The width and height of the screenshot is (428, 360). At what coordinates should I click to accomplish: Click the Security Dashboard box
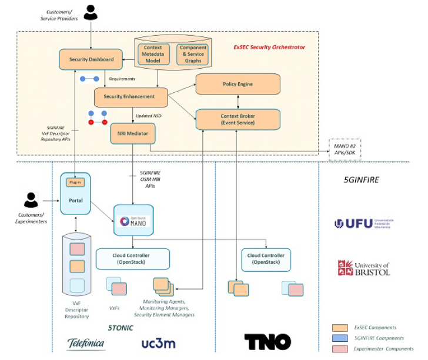pos(91,59)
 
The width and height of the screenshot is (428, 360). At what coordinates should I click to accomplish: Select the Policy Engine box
pos(238,84)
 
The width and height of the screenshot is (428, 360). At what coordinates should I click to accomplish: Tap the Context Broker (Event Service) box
pos(238,119)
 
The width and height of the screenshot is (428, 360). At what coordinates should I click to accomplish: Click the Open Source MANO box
pos(133,220)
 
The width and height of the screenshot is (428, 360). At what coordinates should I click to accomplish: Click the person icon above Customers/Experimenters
pos(31,200)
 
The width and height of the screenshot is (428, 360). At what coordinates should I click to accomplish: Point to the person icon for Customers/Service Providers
pos(91,12)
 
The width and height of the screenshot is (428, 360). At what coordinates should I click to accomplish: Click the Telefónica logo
pos(86,343)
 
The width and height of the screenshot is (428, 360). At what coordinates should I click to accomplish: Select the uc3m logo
pos(158,343)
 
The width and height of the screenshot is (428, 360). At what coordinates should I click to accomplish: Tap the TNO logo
pos(267,342)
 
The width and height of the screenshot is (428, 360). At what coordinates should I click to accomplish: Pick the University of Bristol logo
pos(363,268)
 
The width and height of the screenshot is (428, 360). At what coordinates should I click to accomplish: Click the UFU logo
pos(363,223)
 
